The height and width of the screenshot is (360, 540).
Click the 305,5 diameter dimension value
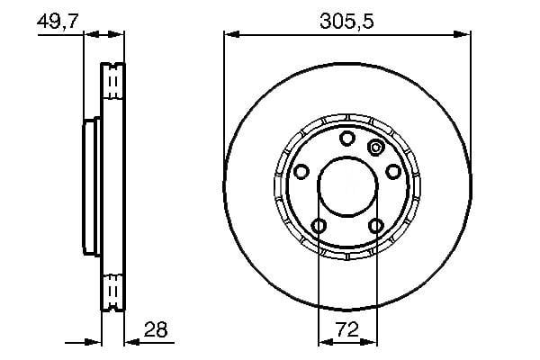point(346,21)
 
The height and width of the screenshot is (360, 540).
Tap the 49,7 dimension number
point(58,21)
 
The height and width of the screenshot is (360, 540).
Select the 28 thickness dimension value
point(156,329)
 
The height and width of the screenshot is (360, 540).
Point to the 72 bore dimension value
point(347,329)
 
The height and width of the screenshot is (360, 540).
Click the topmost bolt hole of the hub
point(347,138)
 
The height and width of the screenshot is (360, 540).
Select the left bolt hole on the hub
point(301,171)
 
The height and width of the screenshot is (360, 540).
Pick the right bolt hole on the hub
point(393,171)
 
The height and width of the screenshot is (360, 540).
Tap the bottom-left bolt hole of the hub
point(319,226)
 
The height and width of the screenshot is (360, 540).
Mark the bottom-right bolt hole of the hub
point(376,226)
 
